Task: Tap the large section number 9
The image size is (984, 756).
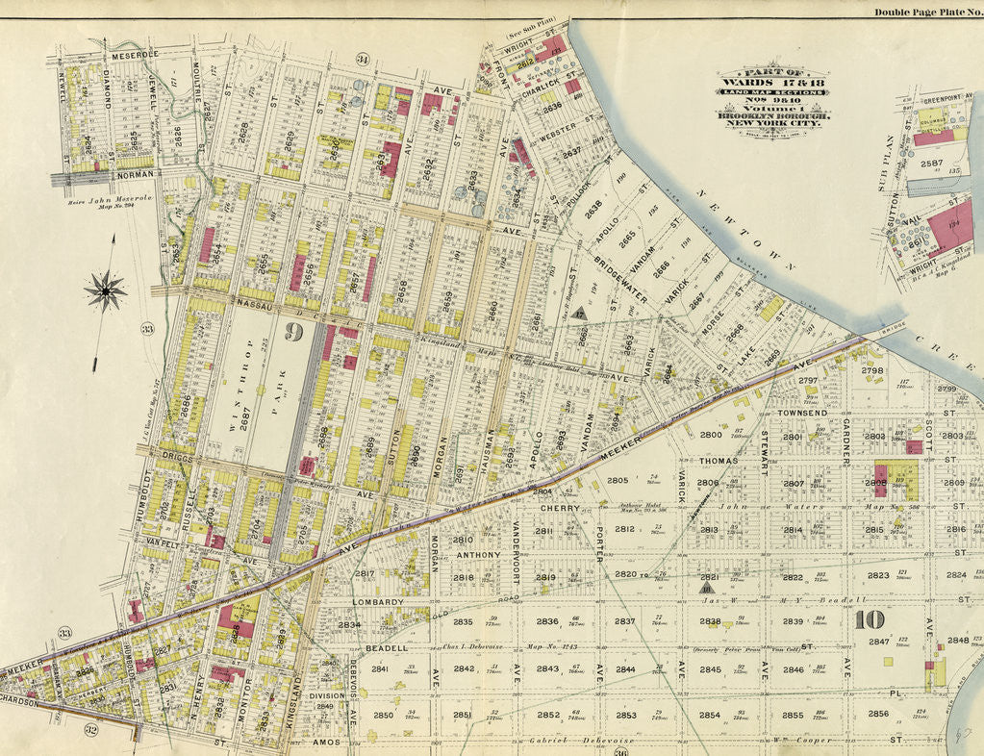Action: (294, 333)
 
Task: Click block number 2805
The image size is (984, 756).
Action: (617, 480)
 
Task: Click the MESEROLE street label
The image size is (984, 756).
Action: (134, 56)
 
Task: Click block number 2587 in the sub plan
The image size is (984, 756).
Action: (931, 164)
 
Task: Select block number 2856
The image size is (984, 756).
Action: (877, 714)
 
